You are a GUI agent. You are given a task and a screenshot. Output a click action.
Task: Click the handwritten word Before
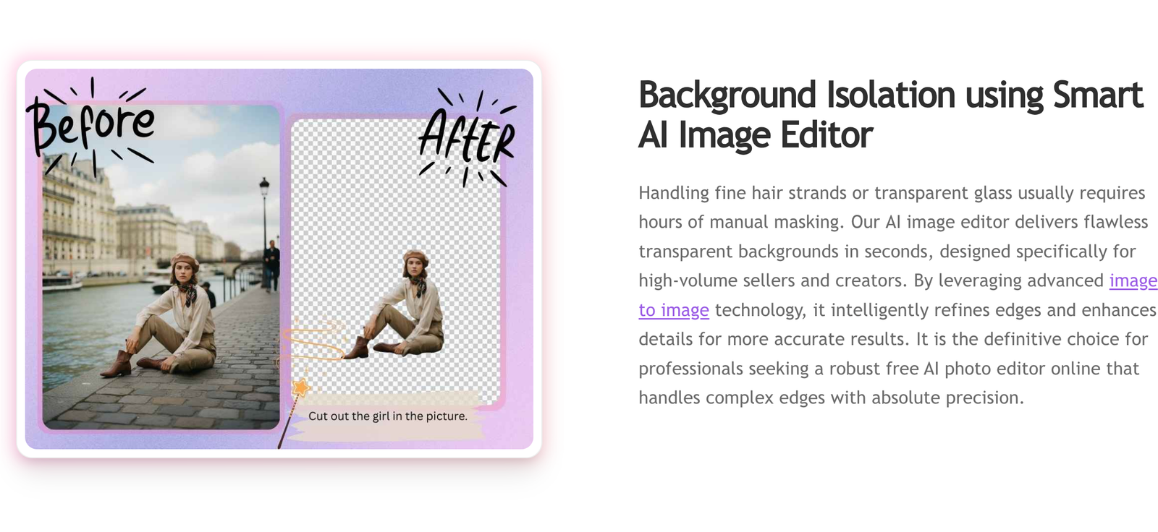click(91, 126)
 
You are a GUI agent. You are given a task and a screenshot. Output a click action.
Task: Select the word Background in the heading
click(727, 96)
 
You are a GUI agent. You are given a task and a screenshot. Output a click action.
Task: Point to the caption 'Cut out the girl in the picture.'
click(388, 416)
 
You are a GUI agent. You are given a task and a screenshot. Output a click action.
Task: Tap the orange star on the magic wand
click(301, 387)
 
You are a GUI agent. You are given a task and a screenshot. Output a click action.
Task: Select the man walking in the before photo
click(271, 265)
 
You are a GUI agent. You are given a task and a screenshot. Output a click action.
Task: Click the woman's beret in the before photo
click(185, 261)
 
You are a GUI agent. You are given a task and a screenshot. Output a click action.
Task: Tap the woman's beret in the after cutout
click(415, 256)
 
